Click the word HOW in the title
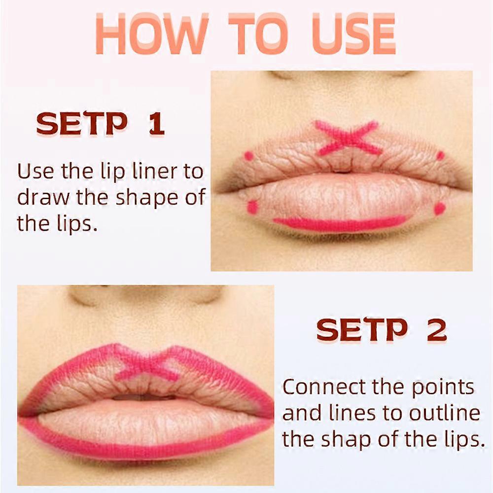tap(152, 34)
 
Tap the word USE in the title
tap(353, 34)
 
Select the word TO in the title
tap(258, 34)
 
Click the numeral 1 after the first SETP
tap(156, 124)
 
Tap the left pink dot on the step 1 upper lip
tap(248, 155)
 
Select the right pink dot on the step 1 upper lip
tap(440, 155)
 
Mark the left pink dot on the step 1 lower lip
tap(252, 207)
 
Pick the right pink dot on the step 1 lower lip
tap(440, 209)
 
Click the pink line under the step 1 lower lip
tap(340, 224)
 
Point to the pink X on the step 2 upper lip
tap(147, 366)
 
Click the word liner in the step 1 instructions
tap(158, 172)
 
